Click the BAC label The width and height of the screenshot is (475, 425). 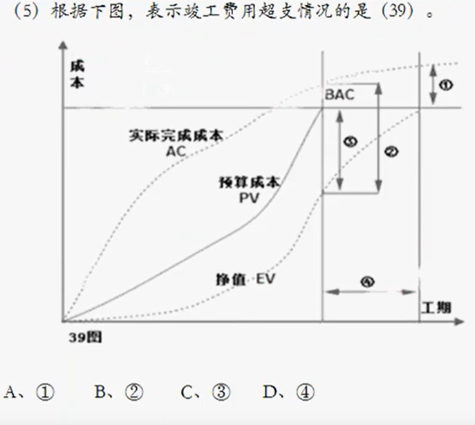[339, 95]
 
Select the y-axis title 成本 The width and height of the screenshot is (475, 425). [77, 74]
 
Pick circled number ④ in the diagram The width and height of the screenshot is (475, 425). [368, 281]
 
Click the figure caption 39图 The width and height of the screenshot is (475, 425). [86, 338]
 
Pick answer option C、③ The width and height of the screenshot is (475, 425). [205, 393]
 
